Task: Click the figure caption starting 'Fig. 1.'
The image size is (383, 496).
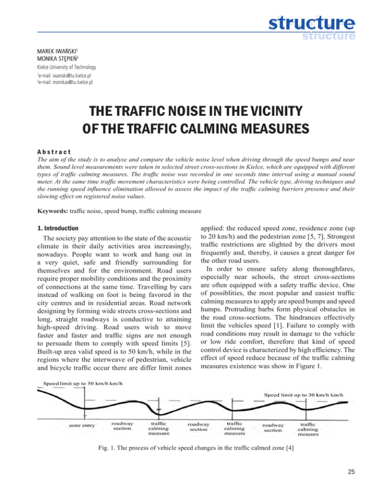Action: click(x=191, y=448)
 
